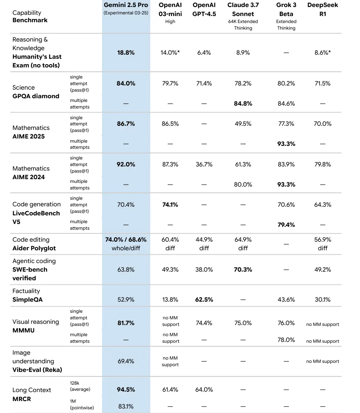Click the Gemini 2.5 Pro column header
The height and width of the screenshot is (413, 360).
(126, 5)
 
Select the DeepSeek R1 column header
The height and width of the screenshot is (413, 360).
(323, 9)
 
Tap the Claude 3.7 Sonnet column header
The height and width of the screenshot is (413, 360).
(243, 9)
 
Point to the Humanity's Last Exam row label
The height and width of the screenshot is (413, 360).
(36, 61)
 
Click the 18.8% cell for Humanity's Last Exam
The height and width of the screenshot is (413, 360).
(126, 53)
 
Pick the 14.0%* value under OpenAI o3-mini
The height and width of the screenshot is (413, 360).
(170, 53)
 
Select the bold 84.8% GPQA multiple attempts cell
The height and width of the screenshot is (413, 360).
(243, 104)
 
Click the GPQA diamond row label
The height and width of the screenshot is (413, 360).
(36, 96)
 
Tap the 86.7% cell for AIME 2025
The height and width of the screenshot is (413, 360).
(126, 124)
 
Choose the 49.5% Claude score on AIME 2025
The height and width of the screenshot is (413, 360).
(243, 124)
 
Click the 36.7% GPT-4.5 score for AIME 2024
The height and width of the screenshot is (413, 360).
(204, 164)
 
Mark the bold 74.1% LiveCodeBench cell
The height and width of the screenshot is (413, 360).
(170, 205)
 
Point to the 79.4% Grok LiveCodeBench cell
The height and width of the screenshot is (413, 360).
(286, 225)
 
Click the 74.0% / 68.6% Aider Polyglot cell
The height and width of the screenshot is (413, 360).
(126, 240)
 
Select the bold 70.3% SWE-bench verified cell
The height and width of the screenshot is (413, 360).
(243, 270)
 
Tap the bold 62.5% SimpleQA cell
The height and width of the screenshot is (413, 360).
(204, 300)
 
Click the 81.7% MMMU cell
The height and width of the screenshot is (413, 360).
(126, 323)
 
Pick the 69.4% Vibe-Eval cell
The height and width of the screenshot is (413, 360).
(126, 361)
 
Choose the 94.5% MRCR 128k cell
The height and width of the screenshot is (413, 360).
(126, 390)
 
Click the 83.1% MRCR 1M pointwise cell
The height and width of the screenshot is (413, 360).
(126, 406)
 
